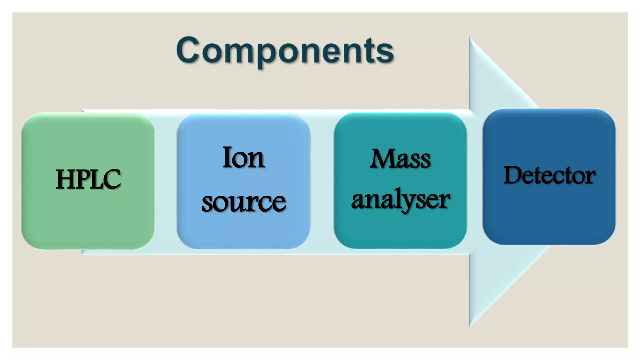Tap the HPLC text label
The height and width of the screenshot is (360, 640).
[x=88, y=179]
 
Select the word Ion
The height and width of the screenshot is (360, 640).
[x=243, y=157]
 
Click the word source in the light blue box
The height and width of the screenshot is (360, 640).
[x=243, y=202]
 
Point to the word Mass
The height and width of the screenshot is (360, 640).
[x=400, y=159]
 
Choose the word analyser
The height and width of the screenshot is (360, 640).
[x=400, y=200]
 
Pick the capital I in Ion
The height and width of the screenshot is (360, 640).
[x=227, y=157]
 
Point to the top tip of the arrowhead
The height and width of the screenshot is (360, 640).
[x=470, y=38]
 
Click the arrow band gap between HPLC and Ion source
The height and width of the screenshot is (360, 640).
[x=166, y=181]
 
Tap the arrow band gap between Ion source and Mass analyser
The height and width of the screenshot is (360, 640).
[x=322, y=181]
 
